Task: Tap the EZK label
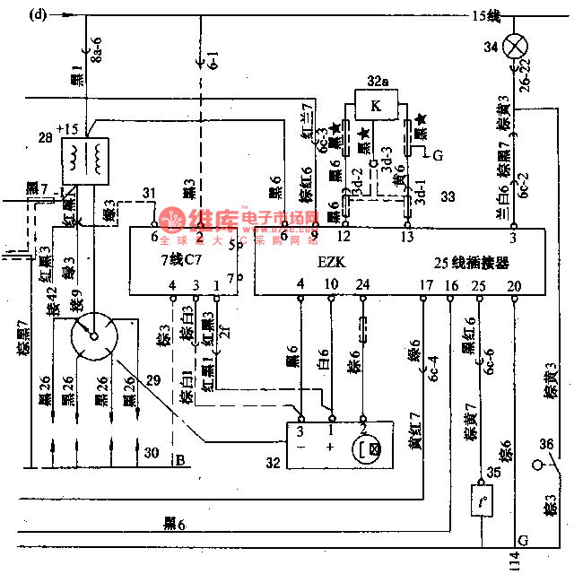pos(332,263)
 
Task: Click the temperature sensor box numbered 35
pos(482,500)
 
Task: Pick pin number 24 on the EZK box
pos(362,285)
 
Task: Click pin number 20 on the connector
pos(514,285)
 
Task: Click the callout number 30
pos(152,452)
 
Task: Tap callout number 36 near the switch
pos(545,443)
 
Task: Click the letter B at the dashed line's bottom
pos(180,462)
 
